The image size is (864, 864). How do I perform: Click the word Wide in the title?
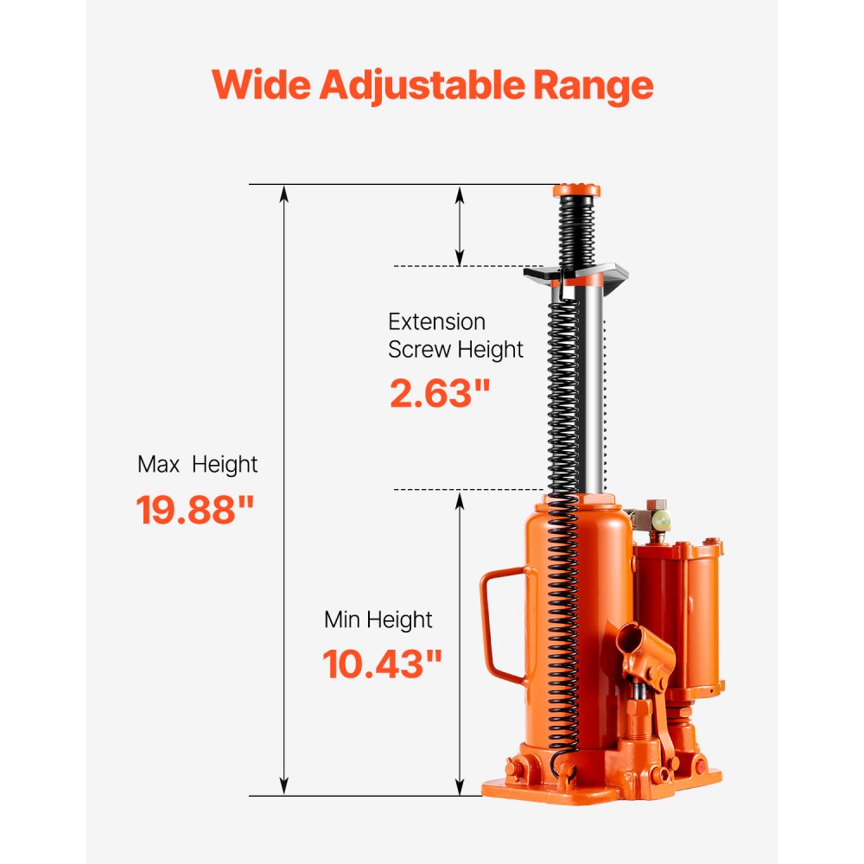[x=260, y=86]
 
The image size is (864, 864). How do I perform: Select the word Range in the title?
[x=592, y=86]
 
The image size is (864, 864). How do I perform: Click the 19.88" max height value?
[x=196, y=511]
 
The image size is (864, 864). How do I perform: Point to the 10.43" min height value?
[x=382, y=664]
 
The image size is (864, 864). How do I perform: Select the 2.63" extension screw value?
[x=440, y=394]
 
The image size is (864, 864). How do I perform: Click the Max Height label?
[x=197, y=465]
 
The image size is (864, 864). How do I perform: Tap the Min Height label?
[x=378, y=619]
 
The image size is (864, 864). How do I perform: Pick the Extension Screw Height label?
[x=455, y=336]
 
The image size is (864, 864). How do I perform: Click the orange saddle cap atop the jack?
[x=576, y=191]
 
